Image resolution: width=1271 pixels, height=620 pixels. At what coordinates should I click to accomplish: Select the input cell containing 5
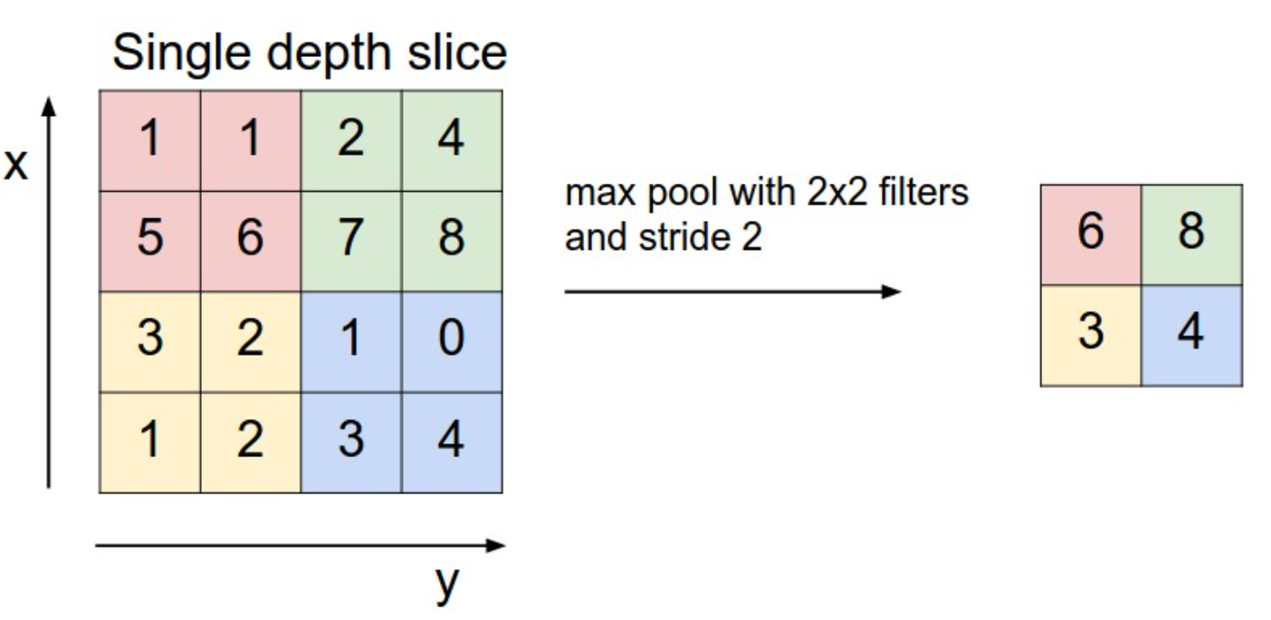(149, 242)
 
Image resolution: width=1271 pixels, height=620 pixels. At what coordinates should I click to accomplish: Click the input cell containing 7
(351, 242)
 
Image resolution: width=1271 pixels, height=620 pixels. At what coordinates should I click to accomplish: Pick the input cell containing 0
(452, 342)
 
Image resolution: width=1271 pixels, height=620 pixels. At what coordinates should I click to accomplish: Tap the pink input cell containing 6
(250, 242)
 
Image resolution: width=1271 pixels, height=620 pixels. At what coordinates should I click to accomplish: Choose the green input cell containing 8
(452, 242)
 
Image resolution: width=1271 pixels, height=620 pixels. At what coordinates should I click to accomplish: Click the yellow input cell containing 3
(149, 342)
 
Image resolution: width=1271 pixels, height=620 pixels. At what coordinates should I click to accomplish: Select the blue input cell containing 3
(351, 443)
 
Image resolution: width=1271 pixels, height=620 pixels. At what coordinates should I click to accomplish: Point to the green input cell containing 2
(351, 140)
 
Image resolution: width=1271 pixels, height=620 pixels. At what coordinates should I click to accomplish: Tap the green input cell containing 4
(452, 140)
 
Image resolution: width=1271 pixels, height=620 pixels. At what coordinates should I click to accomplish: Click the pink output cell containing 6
(1091, 234)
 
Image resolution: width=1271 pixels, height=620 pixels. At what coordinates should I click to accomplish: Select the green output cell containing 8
(1191, 234)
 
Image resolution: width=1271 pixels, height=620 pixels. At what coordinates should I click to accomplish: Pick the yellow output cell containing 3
(1091, 336)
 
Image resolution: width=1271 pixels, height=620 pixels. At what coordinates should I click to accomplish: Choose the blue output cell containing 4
(1191, 336)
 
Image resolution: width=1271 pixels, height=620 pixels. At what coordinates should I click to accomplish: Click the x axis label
(15, 165)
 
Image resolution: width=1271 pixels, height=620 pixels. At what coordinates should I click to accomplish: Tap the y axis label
(446, 585)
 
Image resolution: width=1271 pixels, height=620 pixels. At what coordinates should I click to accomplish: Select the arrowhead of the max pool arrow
(892, 291)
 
